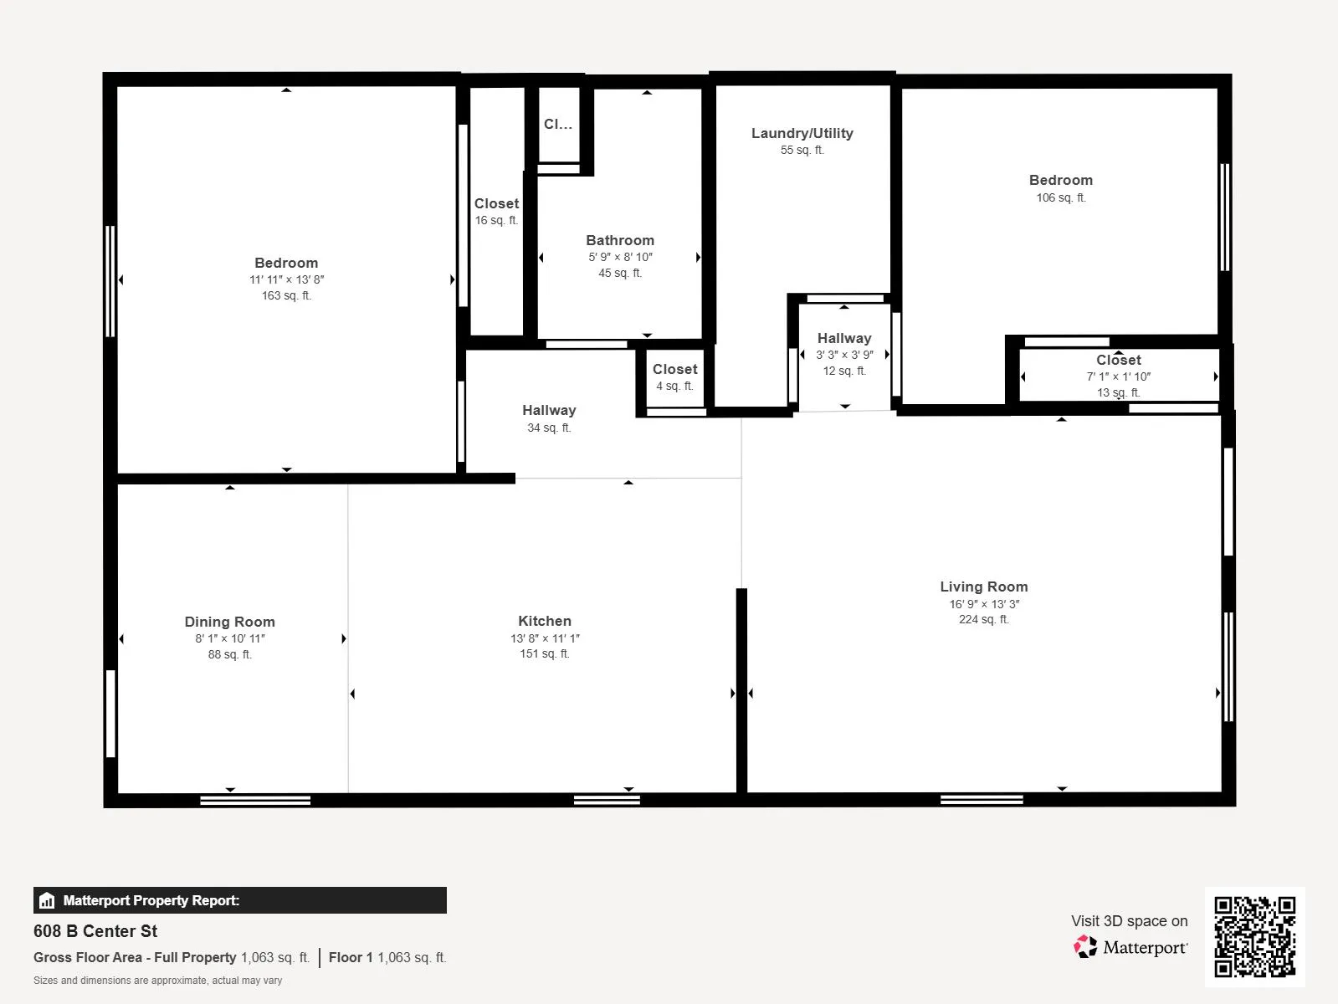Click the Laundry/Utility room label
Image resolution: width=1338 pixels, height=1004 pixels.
[802, 133]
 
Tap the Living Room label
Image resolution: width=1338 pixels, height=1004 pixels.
[983, 586]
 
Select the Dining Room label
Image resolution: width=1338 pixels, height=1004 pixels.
[229, 622]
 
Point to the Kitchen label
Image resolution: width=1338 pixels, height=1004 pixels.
[545, 621]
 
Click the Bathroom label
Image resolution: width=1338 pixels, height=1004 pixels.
[620, 240]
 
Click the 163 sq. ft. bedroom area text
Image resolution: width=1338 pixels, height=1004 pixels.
[286, 295]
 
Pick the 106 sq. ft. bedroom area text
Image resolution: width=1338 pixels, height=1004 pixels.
[1061, 197]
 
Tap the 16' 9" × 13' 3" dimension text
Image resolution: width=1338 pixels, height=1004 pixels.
[984, 604]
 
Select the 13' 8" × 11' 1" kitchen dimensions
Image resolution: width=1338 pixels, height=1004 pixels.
[545, 638]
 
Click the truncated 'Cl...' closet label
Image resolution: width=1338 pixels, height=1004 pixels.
[558, 125]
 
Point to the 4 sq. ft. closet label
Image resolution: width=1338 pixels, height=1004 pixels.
[674, 386]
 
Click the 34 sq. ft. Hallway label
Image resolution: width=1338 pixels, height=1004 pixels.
[549, 410]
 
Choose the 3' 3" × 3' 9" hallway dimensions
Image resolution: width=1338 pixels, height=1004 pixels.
[844, 355]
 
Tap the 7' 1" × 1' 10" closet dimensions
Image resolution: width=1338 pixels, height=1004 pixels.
[1118, 376]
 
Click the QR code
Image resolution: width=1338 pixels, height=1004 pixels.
[1254, 936]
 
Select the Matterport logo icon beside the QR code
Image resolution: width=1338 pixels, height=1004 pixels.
[1085, 947]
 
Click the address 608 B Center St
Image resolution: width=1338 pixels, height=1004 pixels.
[95, 931]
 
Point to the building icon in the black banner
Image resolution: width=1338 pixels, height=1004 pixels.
[47, 899]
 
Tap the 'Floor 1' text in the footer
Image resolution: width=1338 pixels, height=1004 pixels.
[351, 957]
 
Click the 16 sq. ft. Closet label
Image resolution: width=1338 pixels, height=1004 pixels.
[496, 203]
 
